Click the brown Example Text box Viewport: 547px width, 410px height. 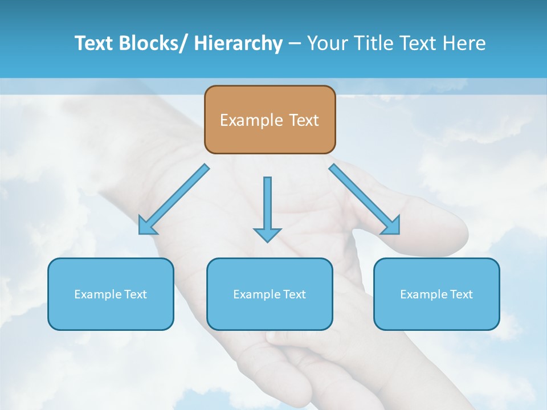pyautogui.click(x=270, y=120)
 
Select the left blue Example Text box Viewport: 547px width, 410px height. pyautogui.click(x=111, y=294)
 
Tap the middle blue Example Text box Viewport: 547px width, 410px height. pyautogui.click(x=270, y=294)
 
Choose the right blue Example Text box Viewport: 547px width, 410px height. pyautogui.click(x=436, y=294)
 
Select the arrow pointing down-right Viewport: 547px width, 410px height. pyautogui.click(x=365, y=199)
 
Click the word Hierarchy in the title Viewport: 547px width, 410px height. pyautogui.click(x=238, y=43)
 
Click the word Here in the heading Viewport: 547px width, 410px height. pyautogui.click(x=464, y=43)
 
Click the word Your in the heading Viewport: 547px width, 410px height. pyautogui.click(x=326, y=43)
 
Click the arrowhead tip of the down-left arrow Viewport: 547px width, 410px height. pyautogui.click(x=140, y=233)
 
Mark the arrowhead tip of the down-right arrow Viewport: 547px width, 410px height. pyautogui.click(x=398, y=233)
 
